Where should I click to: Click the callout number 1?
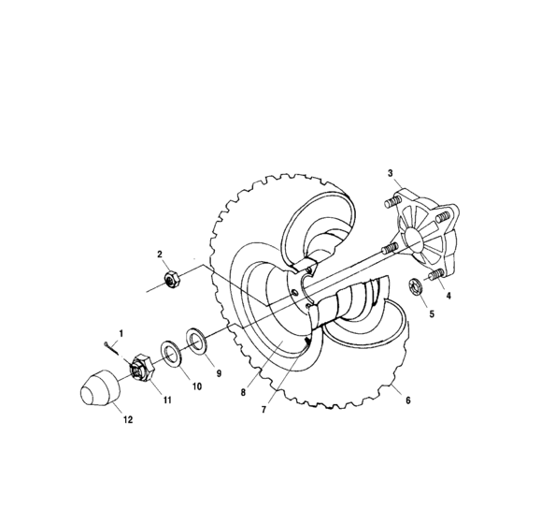tap(120, 332)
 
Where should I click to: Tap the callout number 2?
tap(160, 254)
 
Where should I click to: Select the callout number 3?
tap(391, 172)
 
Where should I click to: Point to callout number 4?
tap(448, 296)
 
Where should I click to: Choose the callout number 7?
tap(264, 410)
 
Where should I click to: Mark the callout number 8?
tap(242, 393)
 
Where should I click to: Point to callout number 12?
tap(128, 420)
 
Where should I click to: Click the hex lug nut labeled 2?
tap(171, 278)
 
